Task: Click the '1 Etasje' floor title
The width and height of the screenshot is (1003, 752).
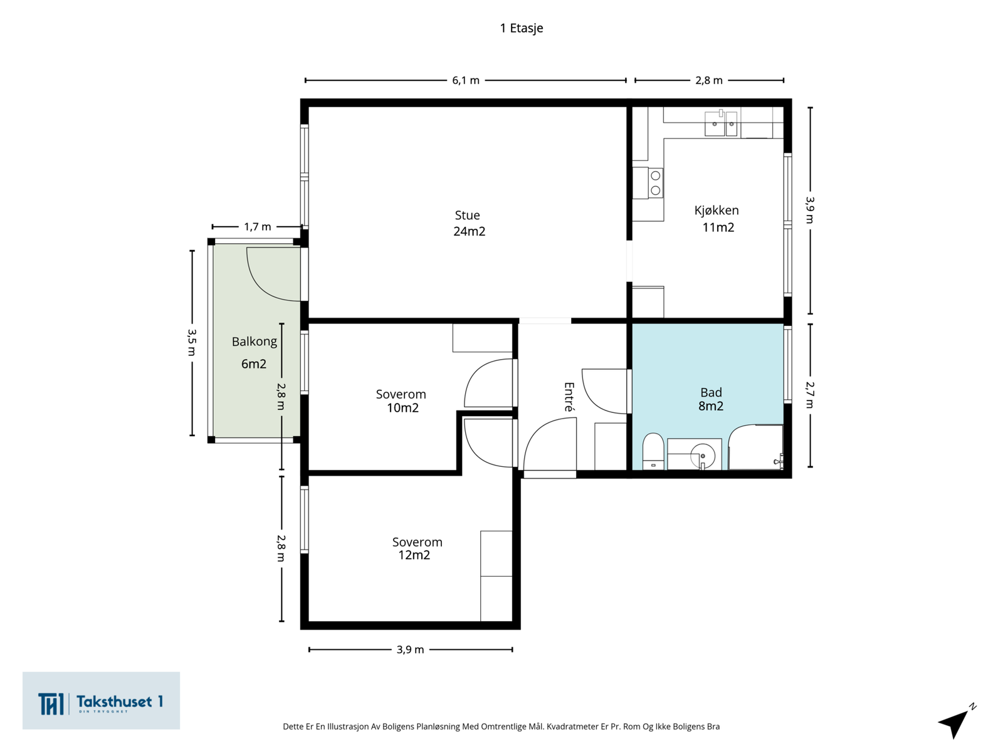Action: [522, 28]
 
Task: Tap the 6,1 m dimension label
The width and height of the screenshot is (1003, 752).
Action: [466, 80]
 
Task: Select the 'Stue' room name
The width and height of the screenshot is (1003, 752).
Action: [467, 215]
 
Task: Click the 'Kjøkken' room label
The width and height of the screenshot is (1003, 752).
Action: [716, 211]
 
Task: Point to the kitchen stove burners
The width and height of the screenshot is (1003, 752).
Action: [655, 182]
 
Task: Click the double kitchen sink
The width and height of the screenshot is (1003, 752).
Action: [721, 123]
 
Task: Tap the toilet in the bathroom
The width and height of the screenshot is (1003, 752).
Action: [653, 451]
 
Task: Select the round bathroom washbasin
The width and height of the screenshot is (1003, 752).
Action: [702, 455]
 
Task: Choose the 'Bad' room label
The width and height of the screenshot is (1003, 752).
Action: [711, 392]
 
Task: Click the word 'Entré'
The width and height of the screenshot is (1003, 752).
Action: [569, 397]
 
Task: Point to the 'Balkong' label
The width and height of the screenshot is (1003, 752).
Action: [254, 342]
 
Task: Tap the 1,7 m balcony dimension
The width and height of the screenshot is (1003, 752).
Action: [257, 227]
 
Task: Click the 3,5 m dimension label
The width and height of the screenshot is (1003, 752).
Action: [192, 342]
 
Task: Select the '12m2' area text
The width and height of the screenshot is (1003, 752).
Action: [414, 555]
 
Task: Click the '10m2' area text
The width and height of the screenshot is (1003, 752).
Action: [402, 408]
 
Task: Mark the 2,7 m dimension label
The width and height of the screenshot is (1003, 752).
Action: [810, 395]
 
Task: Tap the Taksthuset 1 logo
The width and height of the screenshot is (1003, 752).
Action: [101, 701]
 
